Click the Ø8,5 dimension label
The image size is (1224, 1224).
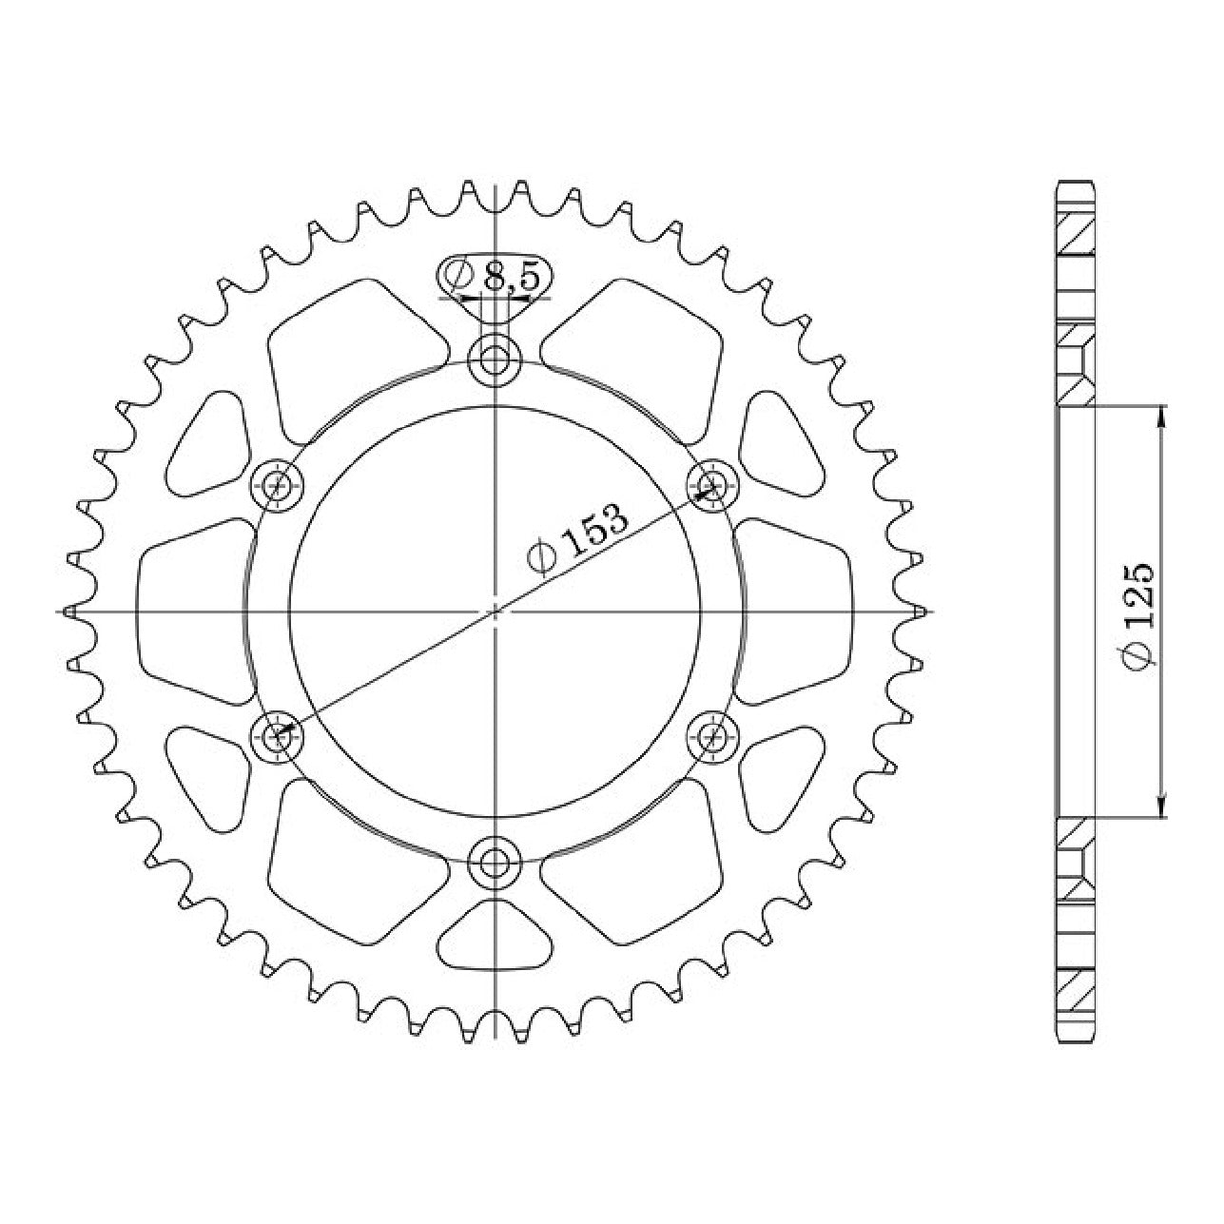pos(494,277)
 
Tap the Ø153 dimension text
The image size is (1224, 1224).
pos(576,538)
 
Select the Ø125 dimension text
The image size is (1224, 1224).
pos(1137,613)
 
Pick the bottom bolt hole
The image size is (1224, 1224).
pos(495,862)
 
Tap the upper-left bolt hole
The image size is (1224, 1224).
pos(278,487)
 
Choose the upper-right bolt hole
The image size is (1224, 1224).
pos(714,487)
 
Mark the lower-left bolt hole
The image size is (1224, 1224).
pos(278,737)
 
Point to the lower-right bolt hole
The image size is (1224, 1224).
pos(714,737)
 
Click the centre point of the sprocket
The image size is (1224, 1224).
pos(495,612)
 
